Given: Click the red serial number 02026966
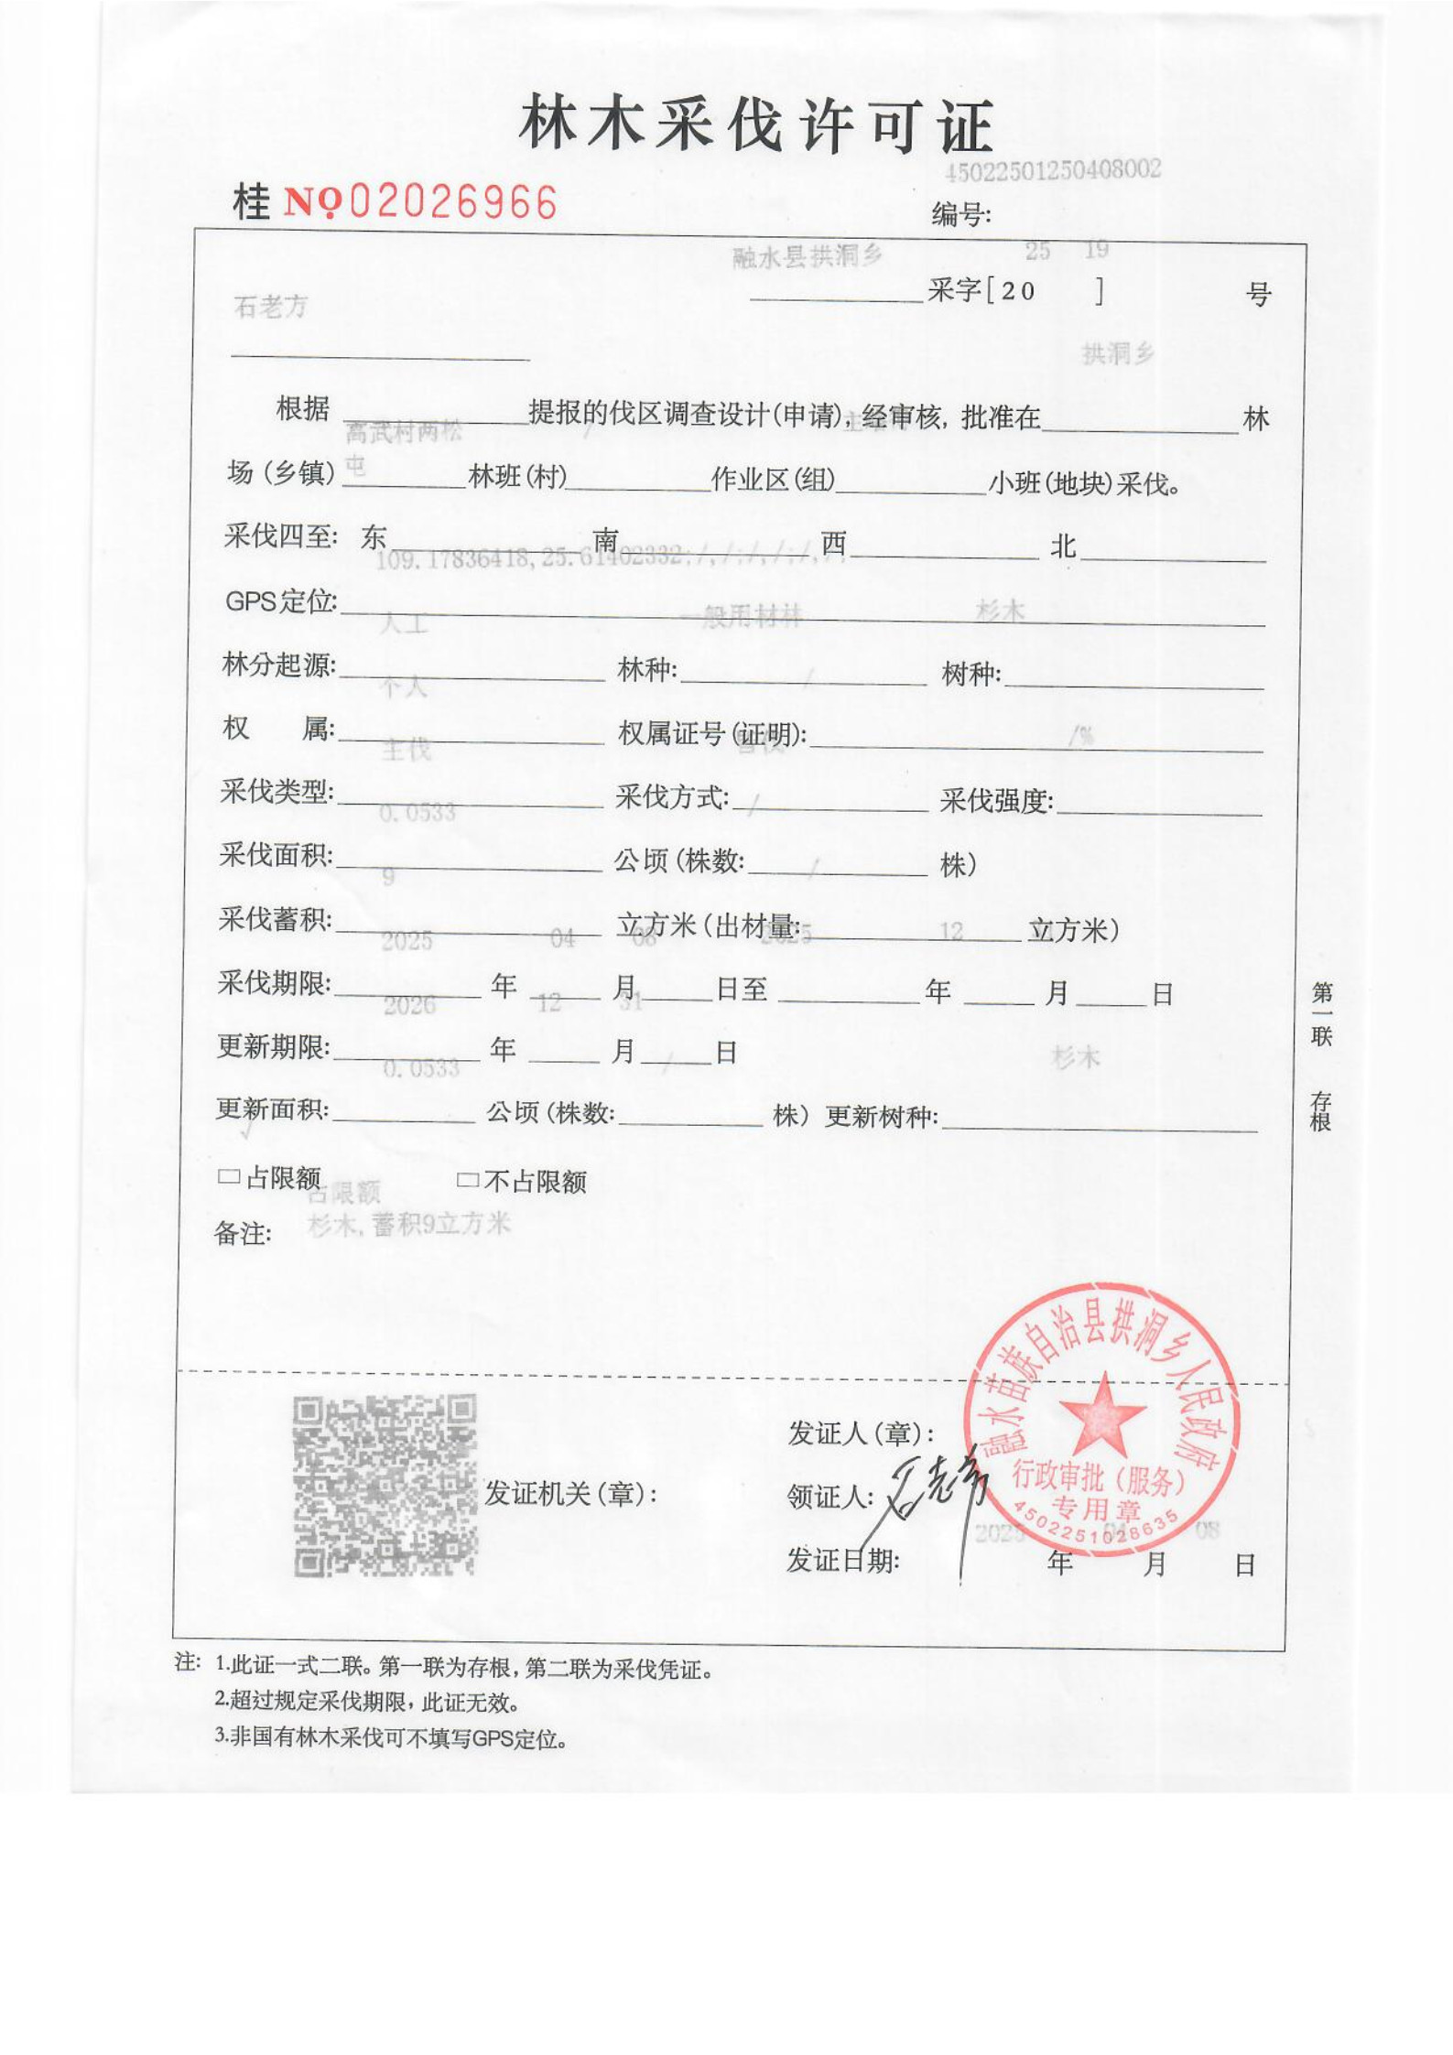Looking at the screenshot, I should [x=453, y=202].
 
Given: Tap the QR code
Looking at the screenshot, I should [x=385, y=1485].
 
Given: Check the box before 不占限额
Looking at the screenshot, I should [x=467, y=1180].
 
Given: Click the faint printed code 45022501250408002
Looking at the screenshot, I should [x=1053, y=170].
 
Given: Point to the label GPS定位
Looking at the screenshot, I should [x=281, y=601].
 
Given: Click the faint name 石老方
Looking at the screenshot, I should [x=271, y=307].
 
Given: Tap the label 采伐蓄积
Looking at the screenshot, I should [x=275, y=919].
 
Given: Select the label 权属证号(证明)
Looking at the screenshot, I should [x=712, y=733].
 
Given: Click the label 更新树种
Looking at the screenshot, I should [x=881, y=1117].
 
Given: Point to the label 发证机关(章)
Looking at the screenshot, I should [x=570, y=1494].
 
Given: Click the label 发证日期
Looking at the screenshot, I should [x=842, y=1561].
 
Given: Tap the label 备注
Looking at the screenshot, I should [x=243, y=1233].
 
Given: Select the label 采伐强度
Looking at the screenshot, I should [x=996, y=801].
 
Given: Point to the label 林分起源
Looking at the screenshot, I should [x=278, y=665].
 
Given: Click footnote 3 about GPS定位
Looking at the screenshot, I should [x=391, y=1738].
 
